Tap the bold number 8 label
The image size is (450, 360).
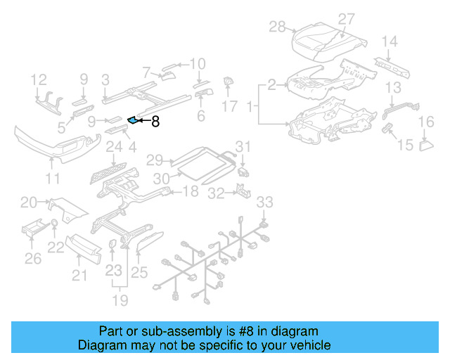[155, 122]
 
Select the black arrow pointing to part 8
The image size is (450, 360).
[143, 122]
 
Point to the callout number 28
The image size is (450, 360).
[278, 27]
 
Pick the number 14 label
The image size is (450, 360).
[390, 41]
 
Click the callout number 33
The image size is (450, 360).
[263, 202]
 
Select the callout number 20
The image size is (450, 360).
[29, 203]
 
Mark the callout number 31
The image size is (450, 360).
[242, 147]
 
